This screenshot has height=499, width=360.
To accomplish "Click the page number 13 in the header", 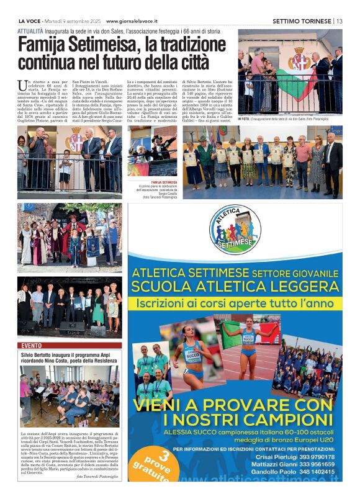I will point(339,20).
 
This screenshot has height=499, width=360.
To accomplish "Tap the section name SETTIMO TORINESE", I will point(302,20).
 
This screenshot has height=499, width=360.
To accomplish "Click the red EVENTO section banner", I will point(32,344).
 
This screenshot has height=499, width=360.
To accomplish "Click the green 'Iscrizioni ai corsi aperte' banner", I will point(235,305).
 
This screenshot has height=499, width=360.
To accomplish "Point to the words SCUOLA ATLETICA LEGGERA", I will point(235,287).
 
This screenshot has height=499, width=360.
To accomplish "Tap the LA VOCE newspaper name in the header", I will point(30,20).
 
